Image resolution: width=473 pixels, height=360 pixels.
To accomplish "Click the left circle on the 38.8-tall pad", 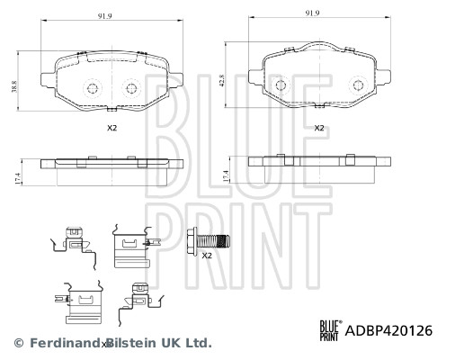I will tap(93, 88).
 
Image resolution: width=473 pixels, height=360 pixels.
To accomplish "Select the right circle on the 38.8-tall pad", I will tap(131, 88).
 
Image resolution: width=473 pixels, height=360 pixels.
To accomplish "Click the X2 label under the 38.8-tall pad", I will tap(112, 128).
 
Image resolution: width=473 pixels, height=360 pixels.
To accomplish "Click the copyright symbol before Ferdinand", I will tap(19, 343).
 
